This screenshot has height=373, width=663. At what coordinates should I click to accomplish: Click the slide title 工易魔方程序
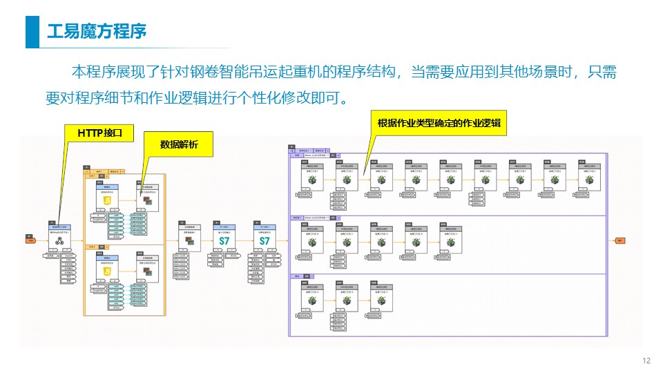[96, 32]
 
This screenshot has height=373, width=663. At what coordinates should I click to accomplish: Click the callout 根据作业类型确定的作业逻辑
[439, 124]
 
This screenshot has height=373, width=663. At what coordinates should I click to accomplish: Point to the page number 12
[646, 361]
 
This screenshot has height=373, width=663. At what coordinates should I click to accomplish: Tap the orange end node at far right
[619, 241]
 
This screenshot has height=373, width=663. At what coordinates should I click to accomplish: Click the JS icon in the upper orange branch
[107, 200]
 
